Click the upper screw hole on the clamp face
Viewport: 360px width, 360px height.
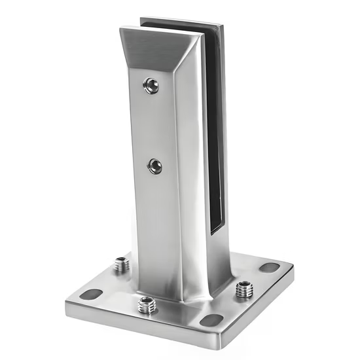point(151,85)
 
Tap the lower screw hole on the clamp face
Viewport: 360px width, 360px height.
point(155,166)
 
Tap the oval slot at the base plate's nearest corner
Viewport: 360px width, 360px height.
point(211,320)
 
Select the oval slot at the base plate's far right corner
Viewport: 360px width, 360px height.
point(268,267)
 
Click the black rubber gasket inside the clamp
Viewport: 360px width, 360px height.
point(213,131)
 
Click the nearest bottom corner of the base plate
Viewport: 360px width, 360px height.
point(215,343)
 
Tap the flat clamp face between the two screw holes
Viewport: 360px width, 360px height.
point(153,124)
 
